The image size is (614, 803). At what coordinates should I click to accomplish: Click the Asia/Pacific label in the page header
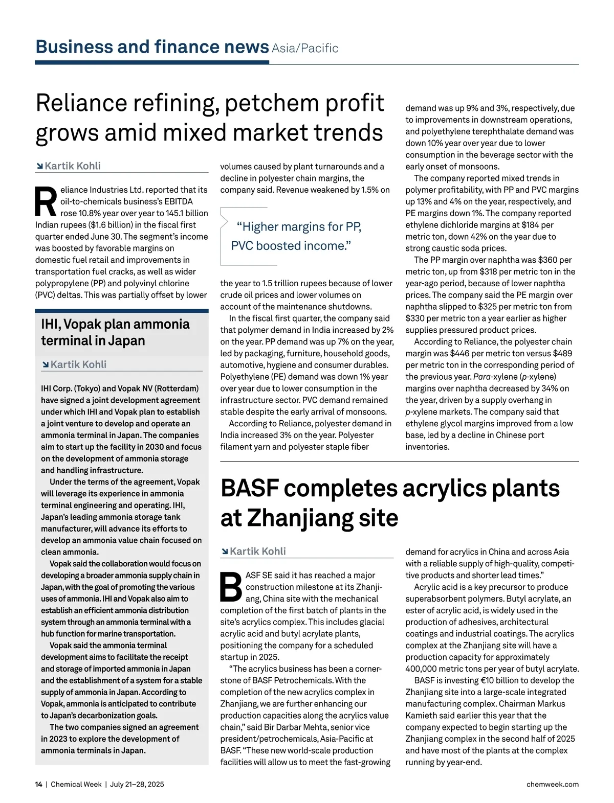click(305, 49)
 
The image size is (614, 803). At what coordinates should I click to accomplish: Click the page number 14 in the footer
click(39, 784)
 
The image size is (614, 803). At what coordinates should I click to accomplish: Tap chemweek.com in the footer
click(553, 784)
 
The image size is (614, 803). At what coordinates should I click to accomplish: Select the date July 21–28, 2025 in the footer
click(137, 784)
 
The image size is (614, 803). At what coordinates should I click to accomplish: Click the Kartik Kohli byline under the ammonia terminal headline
click(78, 364)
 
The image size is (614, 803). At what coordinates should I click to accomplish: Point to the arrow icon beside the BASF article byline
click(225, 552)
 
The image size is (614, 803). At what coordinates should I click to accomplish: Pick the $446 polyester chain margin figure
click(461, 353)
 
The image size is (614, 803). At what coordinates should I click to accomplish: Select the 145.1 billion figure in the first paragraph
click(183, 213)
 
